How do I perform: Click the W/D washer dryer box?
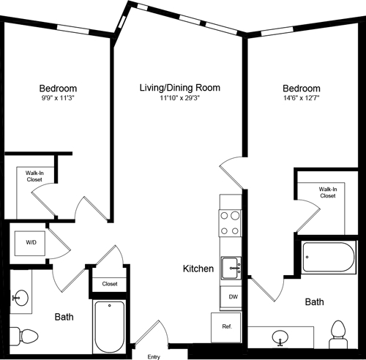[31, 241]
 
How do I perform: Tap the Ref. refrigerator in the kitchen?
[226, 327]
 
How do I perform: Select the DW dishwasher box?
[231, 297]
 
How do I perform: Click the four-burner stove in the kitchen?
[231, 222]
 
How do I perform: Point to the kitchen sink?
[231, 268]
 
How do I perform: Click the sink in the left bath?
[20, 297]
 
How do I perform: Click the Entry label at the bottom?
[154, 356]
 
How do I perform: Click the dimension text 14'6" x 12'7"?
[302, 98]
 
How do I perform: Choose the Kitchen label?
[198, 269]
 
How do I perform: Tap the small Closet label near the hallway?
[110, 283]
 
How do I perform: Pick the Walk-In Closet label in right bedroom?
[327, 192]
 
